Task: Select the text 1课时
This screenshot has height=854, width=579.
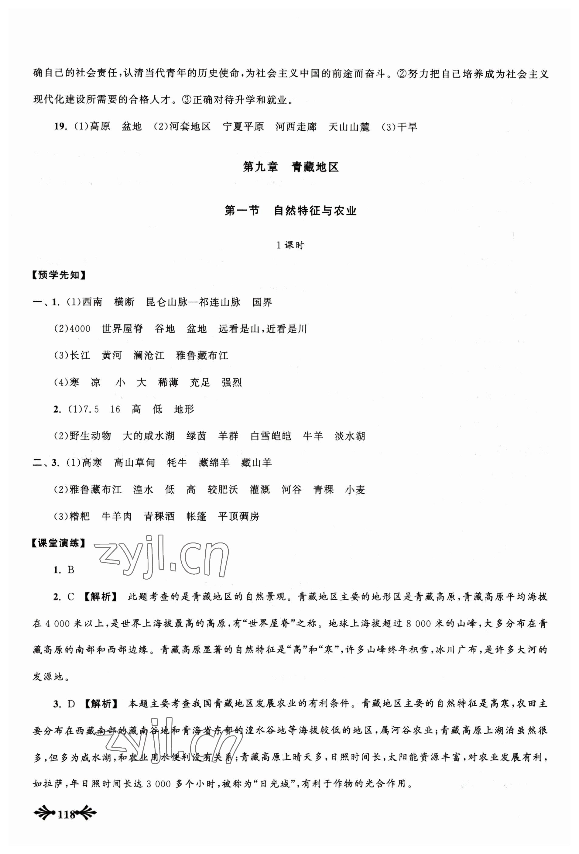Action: (290, 245)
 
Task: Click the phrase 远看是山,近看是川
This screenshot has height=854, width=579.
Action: (262, 329)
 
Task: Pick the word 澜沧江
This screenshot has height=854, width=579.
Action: (149, 355)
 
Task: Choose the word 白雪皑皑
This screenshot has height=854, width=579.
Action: (271, 436)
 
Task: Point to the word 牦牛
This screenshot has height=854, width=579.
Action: (177, 463)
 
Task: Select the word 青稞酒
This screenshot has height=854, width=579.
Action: (159, 516)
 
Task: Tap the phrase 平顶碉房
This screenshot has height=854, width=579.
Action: (239, 516)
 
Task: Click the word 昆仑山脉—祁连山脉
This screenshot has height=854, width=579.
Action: (193, 302)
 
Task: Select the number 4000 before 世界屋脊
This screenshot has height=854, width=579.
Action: (80, 329)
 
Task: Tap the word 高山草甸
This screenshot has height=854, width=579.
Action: (135, 463)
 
